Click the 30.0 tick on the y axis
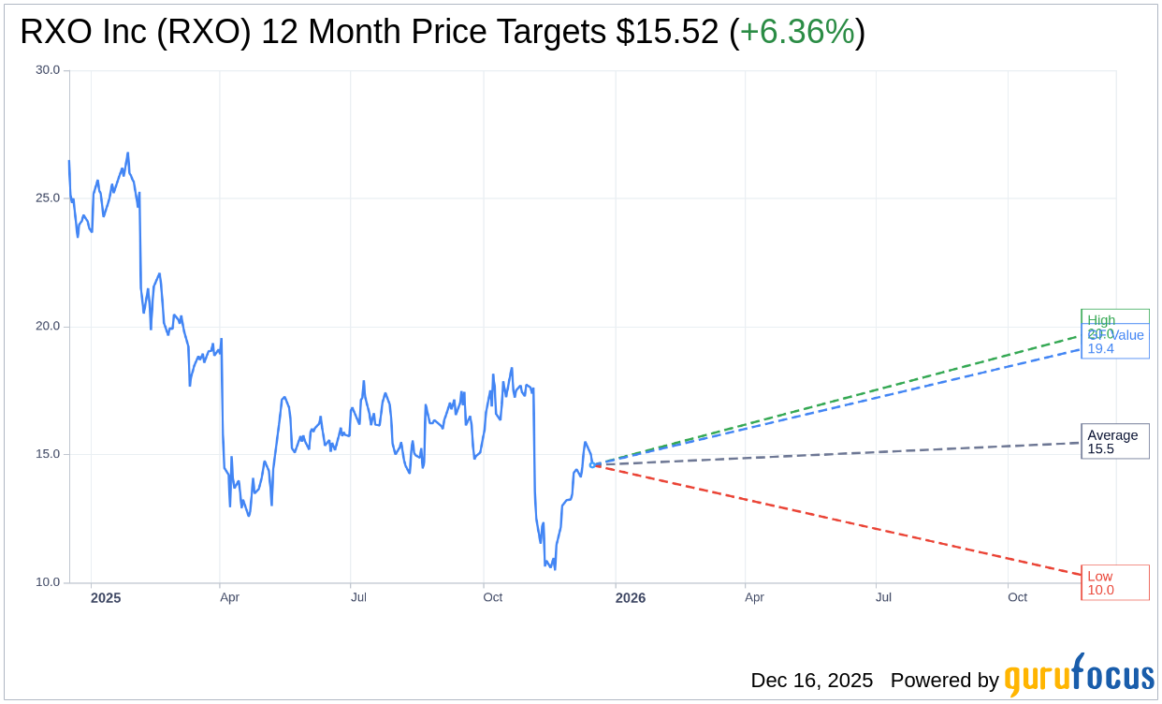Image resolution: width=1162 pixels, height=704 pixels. coord(48,70)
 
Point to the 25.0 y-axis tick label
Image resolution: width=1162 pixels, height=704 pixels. coord(48,198)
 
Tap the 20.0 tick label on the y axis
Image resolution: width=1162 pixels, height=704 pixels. coord(48,327)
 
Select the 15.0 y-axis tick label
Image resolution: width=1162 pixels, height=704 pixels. coord(48,455)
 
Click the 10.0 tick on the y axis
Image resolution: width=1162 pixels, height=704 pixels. coord(48,582)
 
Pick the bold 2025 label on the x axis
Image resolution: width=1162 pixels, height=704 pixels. coord(106,597)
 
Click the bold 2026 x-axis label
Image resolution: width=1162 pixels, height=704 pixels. coord(631,597)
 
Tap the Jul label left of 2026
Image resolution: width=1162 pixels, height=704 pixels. coord(358,597)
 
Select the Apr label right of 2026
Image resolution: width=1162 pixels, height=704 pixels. coord(754,597)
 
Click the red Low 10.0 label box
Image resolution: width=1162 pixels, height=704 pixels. coord(1114,582)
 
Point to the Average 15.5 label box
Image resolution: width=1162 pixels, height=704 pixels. coord(1114,442)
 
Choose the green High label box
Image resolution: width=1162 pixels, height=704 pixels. coord(1114,317)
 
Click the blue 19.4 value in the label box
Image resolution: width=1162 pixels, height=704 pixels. coord(1101,349)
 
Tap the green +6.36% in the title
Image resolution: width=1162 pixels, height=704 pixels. coord(797,33)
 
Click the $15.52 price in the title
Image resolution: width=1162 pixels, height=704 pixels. coord(668,33)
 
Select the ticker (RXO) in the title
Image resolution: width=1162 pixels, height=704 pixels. coord(204,33)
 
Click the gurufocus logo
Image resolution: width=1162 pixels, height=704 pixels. coord(1079,676)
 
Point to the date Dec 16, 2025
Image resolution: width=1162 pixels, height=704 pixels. coord(811,681)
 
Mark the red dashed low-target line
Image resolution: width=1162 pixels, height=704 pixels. coord(842,521)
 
